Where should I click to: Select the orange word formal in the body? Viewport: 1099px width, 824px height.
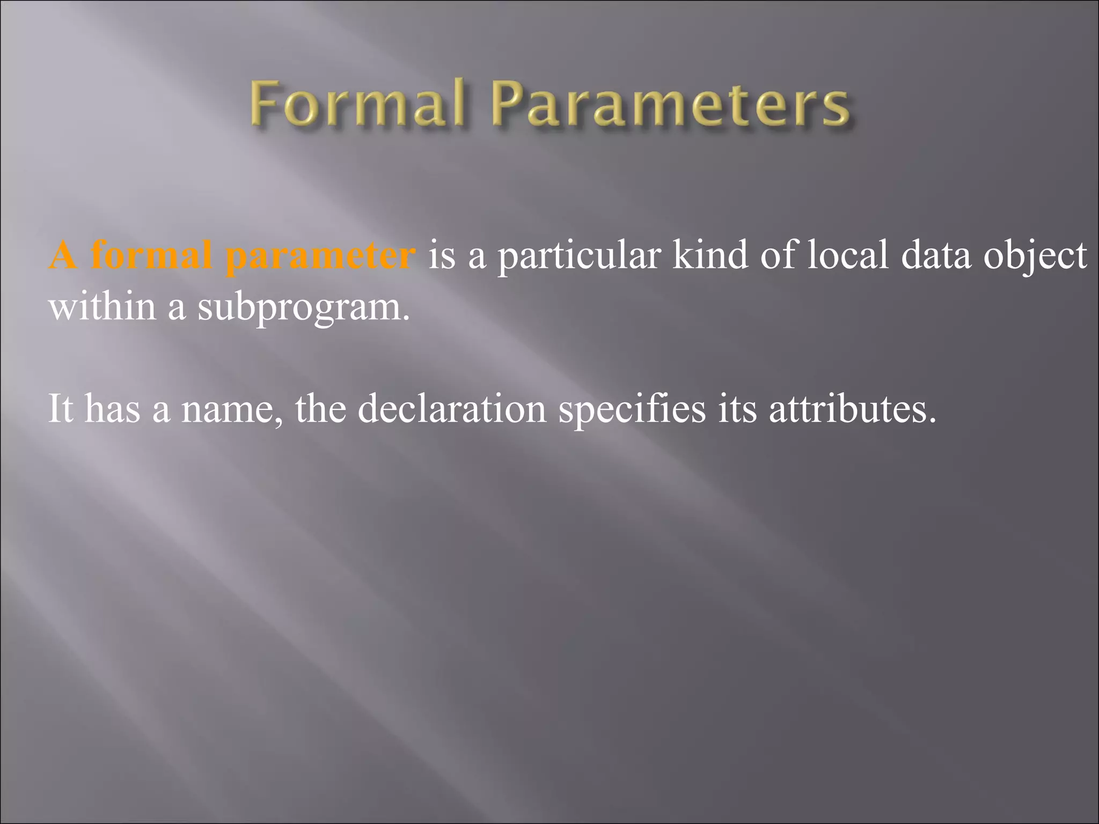[x=152, y=255]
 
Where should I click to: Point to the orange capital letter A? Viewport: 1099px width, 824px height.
[x=63, y=255]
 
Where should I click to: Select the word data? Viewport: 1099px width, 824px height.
[x=936, y=255]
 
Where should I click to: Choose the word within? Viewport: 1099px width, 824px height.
[x=102, y=306]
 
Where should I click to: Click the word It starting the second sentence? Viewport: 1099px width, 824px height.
[x=60, y=409]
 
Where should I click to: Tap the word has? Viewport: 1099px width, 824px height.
[x=112, y=409]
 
